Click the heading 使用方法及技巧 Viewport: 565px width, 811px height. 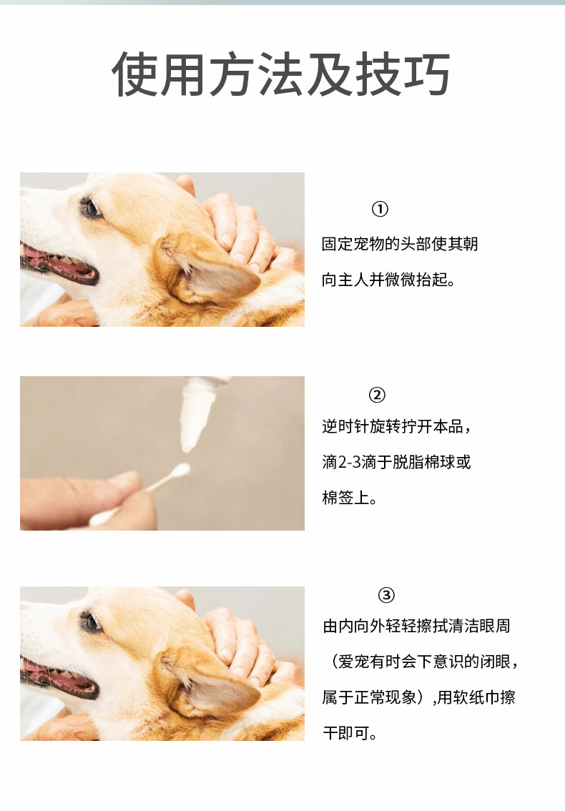[x=280, y=74]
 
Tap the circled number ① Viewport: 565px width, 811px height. [x=380, y=209]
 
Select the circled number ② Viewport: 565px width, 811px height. [x=377, y=395]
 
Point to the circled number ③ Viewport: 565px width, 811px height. [x=386, y=595]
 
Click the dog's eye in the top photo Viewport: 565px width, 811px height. [x=91, y=208]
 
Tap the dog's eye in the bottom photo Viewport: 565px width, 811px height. [x=91, y=621]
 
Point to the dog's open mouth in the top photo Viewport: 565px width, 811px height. [x=59, y=265]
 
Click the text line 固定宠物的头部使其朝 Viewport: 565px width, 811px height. [x=399, y=244]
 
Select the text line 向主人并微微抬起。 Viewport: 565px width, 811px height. [x=388, y=280]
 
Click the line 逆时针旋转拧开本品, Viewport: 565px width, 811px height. [x=396, y=427]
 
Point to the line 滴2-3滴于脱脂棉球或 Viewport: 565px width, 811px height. [x=396, y=462]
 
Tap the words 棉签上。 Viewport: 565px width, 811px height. [x=349, y=498]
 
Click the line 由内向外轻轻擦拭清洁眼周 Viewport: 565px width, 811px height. [x=416, y=626]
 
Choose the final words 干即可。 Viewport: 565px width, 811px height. [x=350, y=733]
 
